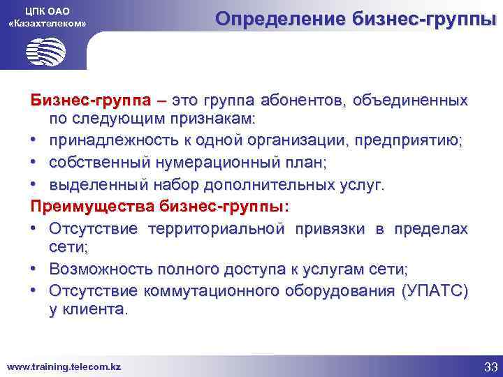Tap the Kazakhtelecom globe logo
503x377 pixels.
click(46, 51)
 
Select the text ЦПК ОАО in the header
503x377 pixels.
click(47, 9)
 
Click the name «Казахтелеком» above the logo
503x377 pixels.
click(47, 24)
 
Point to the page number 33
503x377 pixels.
click(490, 367)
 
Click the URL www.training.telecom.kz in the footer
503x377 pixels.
click(64, 367)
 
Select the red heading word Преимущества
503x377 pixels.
click(93, 207)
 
